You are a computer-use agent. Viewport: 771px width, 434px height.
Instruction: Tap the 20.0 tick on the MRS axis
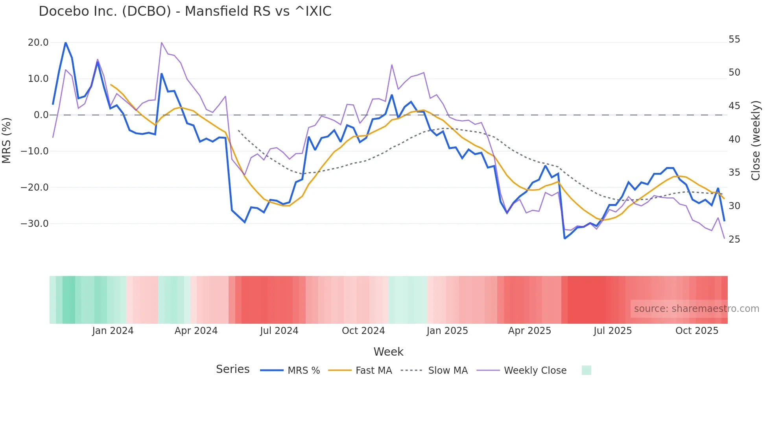point(38,43)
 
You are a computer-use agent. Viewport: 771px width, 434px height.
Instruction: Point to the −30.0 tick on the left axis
point(35,224)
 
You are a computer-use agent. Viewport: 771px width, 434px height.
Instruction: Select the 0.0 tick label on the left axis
point(41,115)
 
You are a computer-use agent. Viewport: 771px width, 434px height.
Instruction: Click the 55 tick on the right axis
point(734,39)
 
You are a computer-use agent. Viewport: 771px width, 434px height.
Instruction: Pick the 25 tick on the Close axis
point(734,239)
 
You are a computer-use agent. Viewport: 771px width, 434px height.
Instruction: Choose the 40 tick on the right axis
point(734,139)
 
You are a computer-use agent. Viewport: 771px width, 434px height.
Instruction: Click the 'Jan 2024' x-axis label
point(113,331)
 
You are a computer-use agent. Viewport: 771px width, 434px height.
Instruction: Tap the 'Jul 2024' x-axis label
point(279,331)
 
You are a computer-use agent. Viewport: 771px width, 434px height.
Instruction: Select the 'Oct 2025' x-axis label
point(697,331)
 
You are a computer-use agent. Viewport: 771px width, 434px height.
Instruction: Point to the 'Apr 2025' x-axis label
point(529,331)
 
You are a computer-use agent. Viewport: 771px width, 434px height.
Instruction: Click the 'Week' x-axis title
point(388,352)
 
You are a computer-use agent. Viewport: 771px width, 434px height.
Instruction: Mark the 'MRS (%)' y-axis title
point(7,141)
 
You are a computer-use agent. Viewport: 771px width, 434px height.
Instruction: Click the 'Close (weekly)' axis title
point(756,141)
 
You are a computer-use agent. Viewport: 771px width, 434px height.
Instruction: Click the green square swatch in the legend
point(586,370)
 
